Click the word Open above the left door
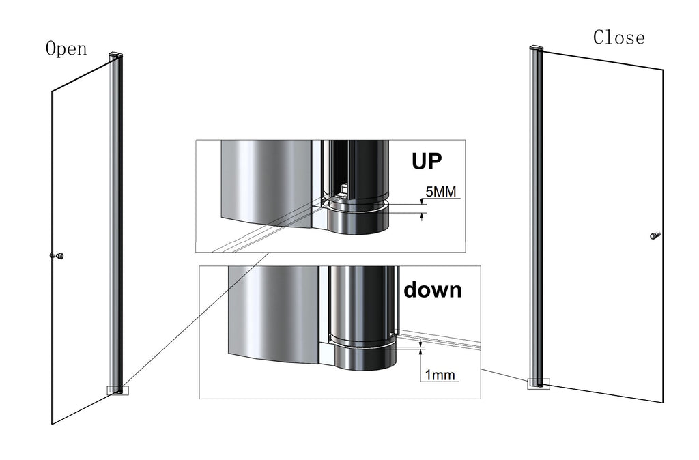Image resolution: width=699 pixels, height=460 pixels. (66, 49)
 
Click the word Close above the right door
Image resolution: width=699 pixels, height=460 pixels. (618, 38)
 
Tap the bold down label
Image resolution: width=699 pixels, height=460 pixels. (432, 289)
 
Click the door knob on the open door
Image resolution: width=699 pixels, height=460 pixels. (57, 256)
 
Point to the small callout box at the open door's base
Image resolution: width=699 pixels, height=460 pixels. (118, 390)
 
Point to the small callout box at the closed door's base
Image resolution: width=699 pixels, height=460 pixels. (538, 384)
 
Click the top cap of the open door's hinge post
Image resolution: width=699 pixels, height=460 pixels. (115, 54)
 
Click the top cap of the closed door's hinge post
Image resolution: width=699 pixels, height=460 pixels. (536, 48)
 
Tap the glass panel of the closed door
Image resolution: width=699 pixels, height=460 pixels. (601, 225)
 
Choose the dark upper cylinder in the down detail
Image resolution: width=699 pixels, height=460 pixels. (360, 300)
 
